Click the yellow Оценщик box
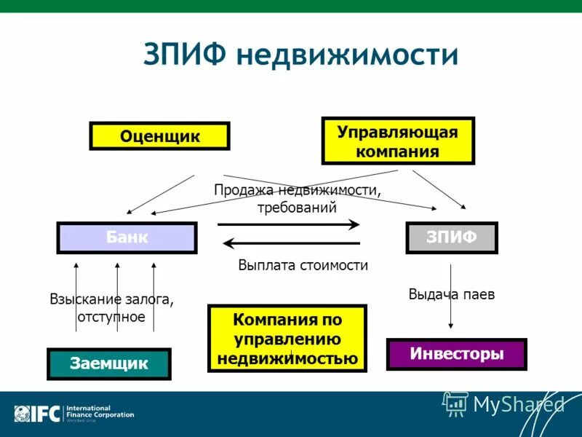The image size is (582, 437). (159, 136)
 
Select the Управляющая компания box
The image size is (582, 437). (398, 141)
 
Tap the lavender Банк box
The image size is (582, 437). (127, 237)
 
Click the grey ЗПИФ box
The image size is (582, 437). (451, 237)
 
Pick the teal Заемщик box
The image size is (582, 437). (109, 363)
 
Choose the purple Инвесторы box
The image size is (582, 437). (456, 354)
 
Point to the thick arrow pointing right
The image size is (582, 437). (289, 224)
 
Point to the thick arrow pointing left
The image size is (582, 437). (291, 243)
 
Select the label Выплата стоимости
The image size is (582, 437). (303, 266)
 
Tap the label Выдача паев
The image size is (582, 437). (451, 295)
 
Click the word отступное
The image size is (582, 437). (111, 317)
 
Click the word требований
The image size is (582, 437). (297, 207)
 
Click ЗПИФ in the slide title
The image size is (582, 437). (186, 56)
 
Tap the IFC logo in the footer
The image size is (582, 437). (36, 414)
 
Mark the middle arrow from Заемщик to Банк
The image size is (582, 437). (117, 299)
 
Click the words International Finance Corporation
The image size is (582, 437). (100, 412)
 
